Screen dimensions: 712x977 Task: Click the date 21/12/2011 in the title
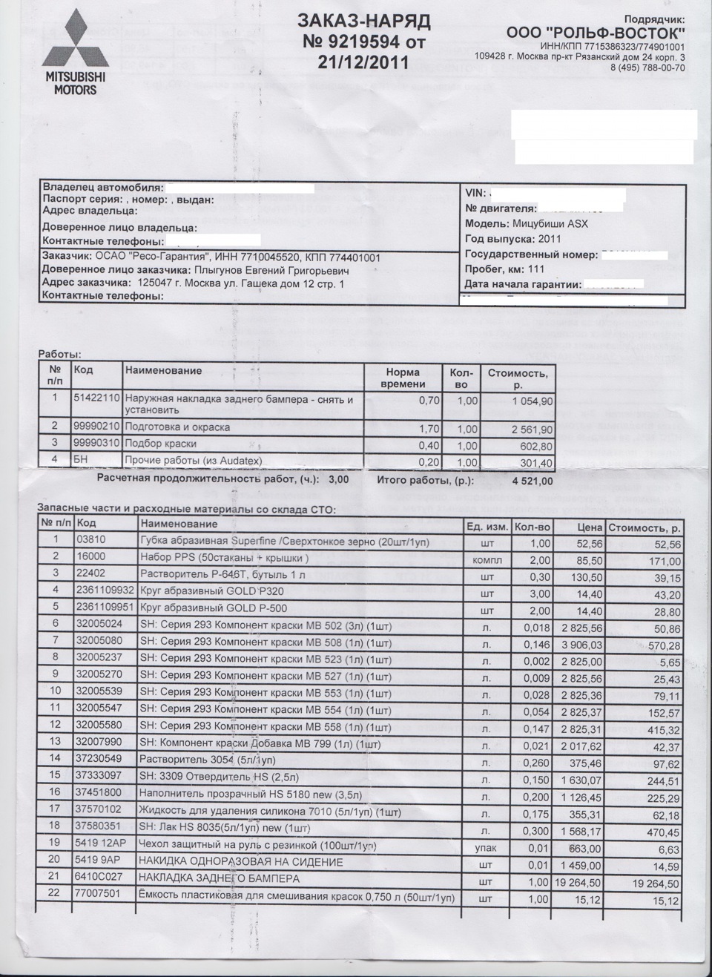coord(363,62)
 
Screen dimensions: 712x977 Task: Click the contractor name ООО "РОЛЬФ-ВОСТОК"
coord(596,33)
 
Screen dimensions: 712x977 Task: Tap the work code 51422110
coord(96,398)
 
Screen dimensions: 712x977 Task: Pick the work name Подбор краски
coord(161,444)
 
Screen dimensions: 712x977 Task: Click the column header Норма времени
coord(403,378)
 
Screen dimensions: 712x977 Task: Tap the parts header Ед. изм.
coord(487,527)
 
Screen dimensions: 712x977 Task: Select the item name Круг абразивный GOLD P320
coord(211,591)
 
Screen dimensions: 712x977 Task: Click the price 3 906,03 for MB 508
coord(579,645)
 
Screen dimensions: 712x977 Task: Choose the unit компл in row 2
coord(487,560)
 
